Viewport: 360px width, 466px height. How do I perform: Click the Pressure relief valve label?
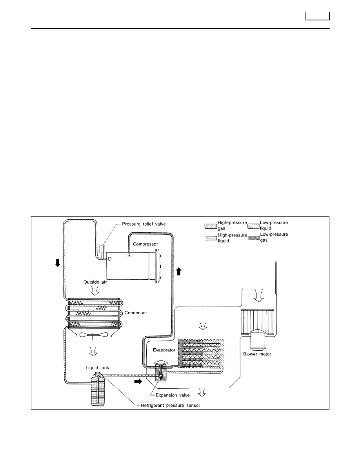coord(144,224)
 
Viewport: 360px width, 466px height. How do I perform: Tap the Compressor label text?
coord(145,244)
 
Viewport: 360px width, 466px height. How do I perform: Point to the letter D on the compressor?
coord(109,259)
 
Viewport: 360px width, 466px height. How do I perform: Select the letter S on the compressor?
coord(129,255)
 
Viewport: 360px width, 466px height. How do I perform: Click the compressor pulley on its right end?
coord(155,266)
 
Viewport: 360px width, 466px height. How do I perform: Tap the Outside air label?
coord(95,282)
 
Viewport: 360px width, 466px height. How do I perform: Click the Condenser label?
coord(136,313)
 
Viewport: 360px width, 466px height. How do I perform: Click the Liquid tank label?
coord(97,368)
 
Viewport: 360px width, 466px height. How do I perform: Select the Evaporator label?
coord(164,350)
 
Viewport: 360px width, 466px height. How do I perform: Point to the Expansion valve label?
coord(173,395)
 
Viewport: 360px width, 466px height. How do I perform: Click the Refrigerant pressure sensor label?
coord(171,405)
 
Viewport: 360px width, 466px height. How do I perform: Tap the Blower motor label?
coord(257,354)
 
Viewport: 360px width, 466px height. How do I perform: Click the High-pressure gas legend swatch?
coord(211,226)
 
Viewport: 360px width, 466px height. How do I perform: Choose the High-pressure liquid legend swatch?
coord(211,238)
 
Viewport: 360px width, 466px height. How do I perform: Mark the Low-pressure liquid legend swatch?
coord(253,226)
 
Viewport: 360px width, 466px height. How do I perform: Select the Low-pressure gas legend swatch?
coord(253,238)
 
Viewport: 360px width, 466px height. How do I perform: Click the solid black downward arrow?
coord(58,263)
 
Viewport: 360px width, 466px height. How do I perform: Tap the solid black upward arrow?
coord(178,271)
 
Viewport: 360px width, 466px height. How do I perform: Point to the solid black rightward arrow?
coord(138,381)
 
